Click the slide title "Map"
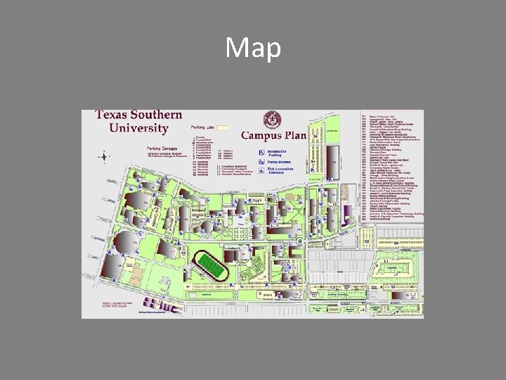tap(253, 49)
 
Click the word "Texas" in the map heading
tap(117, 115)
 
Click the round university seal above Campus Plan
tap(270, 119)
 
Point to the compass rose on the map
tap(105, 156)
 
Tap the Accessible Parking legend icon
tap(261, 151)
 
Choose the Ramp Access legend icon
tap(261, 161)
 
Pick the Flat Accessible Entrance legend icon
tap(261, 170)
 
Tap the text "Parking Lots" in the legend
tap(202, 128)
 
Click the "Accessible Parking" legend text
tap(277, 151)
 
